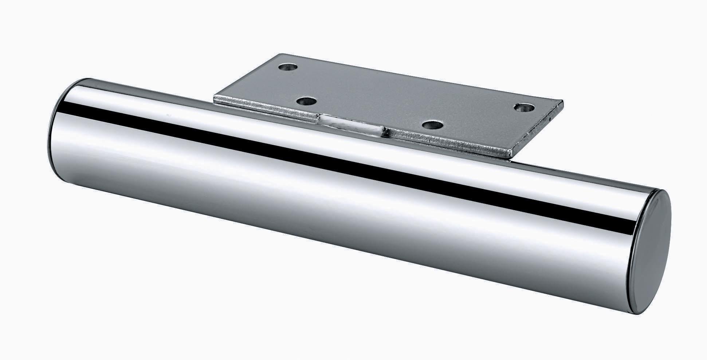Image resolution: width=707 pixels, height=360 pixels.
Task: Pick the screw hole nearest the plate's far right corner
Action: [x=523, y=108]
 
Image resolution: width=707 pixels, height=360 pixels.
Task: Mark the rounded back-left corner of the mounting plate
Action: [x=279, y=56]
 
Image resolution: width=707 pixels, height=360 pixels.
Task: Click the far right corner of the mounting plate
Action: [x=562, y=102]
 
